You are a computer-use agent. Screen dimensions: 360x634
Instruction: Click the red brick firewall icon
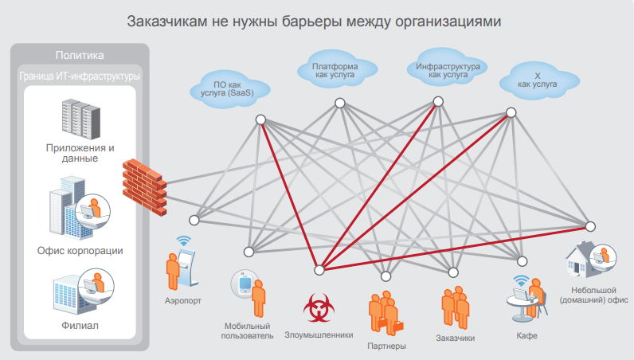(x=144, y=182)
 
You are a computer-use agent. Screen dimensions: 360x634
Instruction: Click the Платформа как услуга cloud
(x=335, y=70)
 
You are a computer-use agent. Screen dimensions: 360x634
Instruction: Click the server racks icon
(x=82, y=117)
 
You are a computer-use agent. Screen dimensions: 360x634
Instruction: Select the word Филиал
(x=80, y=326)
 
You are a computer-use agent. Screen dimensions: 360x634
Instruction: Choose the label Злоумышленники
(x=319, y=335)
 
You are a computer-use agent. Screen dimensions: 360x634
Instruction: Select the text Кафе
(x=526, y=336)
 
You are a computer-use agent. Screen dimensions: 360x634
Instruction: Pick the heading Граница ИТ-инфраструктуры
(x=80, y=76)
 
